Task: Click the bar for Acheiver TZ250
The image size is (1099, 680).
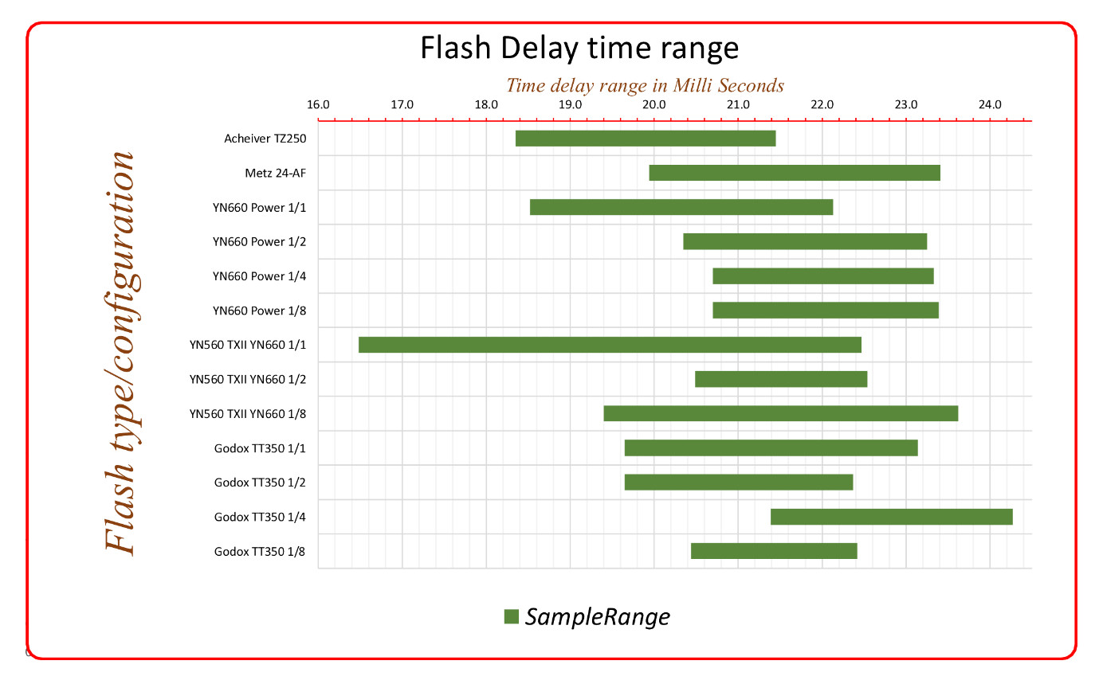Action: coord(645,139)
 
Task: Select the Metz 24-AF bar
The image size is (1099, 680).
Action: coord(795,173)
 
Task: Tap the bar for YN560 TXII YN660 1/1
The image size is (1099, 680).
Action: coord(610,345)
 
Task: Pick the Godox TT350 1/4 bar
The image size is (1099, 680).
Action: coord(891,517)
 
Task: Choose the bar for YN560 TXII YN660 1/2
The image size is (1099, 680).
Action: coord(781,379)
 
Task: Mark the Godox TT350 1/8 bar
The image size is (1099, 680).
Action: coord(774,551)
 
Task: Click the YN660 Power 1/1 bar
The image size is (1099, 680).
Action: coord(681,207)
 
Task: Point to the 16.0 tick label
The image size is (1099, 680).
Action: coord(318,104)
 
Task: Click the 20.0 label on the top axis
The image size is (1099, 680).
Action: coord(654,104)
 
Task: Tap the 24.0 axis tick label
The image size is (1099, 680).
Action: coord(990,104)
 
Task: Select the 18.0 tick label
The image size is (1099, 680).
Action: coord(486,104)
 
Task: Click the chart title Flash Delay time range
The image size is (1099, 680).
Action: coord(579,49)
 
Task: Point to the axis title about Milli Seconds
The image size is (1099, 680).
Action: coord(646,85)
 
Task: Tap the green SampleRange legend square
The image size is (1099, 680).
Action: coord(511,616)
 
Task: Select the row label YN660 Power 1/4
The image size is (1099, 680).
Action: coord(259,276)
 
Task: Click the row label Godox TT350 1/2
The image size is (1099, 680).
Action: coord(260,483)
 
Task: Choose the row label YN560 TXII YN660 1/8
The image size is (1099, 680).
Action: coord(248,414)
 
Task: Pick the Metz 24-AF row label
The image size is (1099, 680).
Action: coord(276,173)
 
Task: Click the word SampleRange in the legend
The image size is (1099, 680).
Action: coord(597,616)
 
